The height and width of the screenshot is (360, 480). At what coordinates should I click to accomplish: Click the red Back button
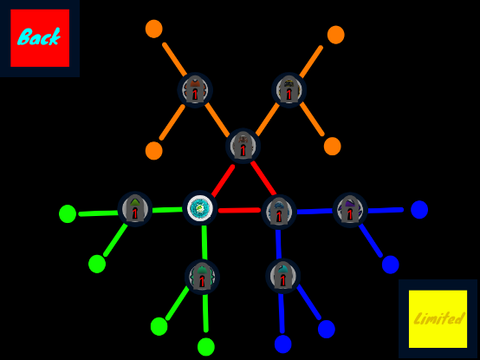pyautogui.click(x=40, y=38)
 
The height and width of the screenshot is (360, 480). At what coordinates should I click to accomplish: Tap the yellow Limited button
pyautogui.click(x=438, y=319)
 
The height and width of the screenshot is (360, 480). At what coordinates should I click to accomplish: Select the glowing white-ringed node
pyautogui.click(x=200, y=209)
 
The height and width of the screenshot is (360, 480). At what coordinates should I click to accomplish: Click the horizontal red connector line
pyautogui.click(x=239, y=210)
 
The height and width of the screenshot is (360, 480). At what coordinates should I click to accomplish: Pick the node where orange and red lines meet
pyautogui.click(x=243, y=146)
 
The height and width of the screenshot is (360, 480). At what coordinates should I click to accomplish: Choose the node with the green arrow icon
pyautogui.click(x=135, y=209)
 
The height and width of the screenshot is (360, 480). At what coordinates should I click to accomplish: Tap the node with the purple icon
pyautogui.click(x=350, y=210)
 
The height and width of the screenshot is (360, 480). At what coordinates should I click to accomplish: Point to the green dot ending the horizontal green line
pyautogui.click(x=68, y=214)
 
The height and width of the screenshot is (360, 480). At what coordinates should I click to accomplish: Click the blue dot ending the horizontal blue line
pyautogui.click(x=419, y=210)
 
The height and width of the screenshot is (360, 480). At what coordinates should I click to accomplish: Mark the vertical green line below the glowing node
pyautogui.click(x=204, y=242)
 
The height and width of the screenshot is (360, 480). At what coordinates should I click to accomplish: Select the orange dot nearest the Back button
pyautogui.click(x=154, y=29)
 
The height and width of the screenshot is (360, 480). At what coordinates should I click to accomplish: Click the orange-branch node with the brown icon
pyautogui.click(x=195, y=90)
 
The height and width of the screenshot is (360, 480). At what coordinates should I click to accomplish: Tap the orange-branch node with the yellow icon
pyautogui.click(x=289, y=90)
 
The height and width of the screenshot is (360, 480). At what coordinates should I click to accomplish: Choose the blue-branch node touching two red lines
pyautogui.click(x=279, y=212)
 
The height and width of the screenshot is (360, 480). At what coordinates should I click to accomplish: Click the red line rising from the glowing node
pyautogui.click(x=223, y=181)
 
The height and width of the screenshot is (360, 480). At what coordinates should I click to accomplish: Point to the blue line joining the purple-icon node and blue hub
pyautogui.click(x=315, y=211)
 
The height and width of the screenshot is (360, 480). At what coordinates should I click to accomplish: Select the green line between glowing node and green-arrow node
pyautogui.click(x=167, y=210)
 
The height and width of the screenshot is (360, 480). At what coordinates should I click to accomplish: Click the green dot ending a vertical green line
pyautogui.click(x=206, y=347)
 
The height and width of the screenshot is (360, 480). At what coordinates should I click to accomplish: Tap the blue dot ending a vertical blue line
pyautogui.click(x=283, y=344)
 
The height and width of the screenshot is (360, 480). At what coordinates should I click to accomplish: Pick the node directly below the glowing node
pyautogui.click(x=202, y=277)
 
